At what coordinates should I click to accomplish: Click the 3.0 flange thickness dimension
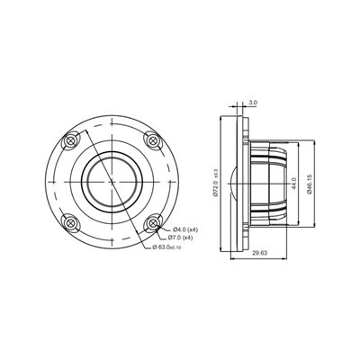253,103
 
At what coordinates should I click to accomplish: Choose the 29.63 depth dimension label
258,255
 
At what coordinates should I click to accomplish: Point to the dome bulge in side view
236,183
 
